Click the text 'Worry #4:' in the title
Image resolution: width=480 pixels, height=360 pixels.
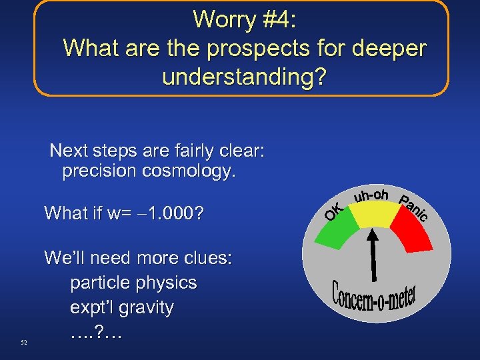[x=244, y=19]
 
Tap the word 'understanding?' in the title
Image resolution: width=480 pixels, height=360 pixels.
[x=244, y=77]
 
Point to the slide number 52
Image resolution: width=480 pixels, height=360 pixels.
[x=24, y=343]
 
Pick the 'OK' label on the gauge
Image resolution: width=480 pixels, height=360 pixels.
[x=334, y=212]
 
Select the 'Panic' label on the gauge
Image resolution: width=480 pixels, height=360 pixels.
[x=413, y=207]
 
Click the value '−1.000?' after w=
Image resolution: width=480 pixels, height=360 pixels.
[x=175, y=214]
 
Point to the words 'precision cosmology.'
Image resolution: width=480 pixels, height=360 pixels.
[x=149, y=172]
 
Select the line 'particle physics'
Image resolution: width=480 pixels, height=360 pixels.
[x=133, y=283]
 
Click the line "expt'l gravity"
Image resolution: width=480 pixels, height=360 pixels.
[x=122, y=308]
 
